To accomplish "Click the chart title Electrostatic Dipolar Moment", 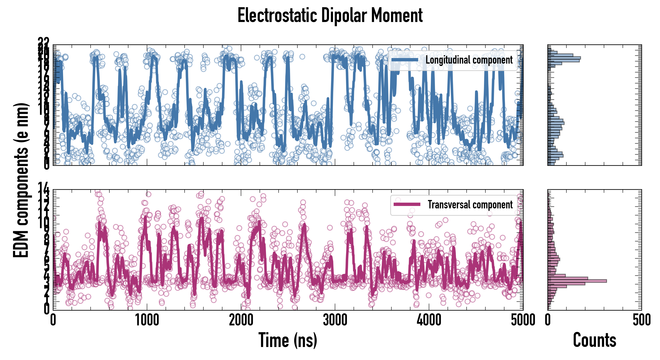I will (x=330, y=15).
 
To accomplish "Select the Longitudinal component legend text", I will (x=469, y=60).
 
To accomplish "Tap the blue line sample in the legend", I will (x=405, y=60).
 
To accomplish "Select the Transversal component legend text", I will (x=470, y=204).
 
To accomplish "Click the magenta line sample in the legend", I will (x=407, y=204).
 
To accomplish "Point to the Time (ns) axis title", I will (x=288, y=340).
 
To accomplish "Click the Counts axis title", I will (x=594, y=340).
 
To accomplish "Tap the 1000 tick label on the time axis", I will (x=147, y=320).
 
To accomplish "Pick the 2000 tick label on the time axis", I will (x=241, y=320).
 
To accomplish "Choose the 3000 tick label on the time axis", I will (x=335, y=320).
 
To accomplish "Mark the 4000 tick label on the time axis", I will (x=429, y=320).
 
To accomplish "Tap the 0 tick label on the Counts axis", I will (x=548, y=320).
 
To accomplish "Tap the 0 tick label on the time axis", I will (x=53, y=320).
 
